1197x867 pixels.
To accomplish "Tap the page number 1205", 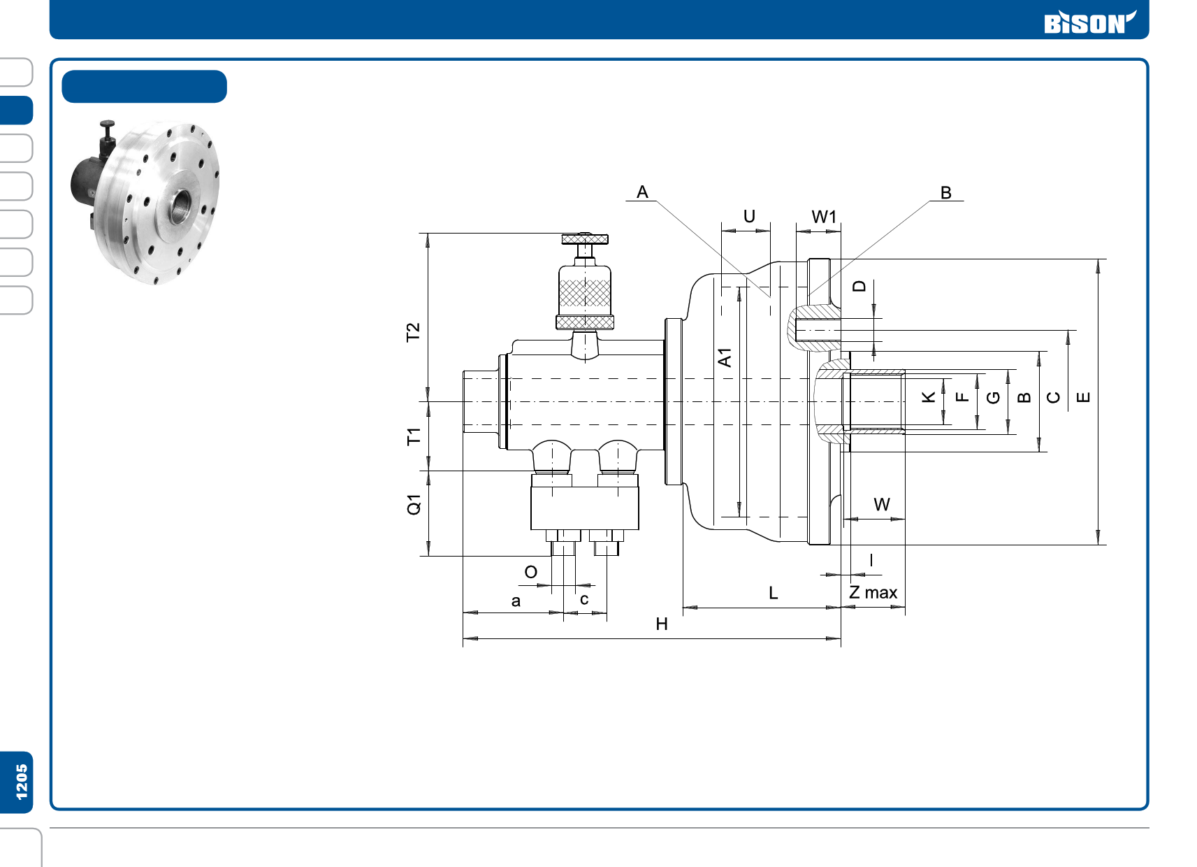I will click(22, 782).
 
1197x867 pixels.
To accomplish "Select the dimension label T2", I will click(413, 331).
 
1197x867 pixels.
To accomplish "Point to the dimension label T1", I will click(414, 437).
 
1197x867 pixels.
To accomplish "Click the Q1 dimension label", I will click(414, 504).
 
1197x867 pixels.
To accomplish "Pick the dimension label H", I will click(662, 624).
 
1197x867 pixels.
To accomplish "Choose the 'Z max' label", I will click(873, 593).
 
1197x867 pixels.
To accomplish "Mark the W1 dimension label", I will click(823, 217).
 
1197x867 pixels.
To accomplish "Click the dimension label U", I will click(749, 216).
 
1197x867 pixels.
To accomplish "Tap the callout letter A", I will click(642, 192).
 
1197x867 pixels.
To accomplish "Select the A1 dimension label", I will click(725, 357).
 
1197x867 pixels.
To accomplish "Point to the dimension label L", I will click(773, 593).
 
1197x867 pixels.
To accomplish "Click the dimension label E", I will click(1083, 397).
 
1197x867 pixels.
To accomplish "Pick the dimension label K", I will click(928, 397).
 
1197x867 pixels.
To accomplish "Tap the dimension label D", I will click(859, 286).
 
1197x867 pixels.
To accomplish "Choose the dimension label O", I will click(530, 572).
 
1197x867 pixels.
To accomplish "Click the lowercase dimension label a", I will click(516, 601).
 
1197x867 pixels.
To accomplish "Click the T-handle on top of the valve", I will click(585, 240).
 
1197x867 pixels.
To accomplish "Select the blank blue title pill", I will click(144, 87).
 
